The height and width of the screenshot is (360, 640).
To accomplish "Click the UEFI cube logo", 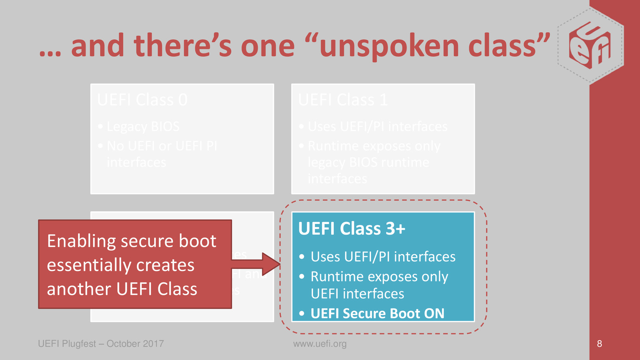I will coord(590,45).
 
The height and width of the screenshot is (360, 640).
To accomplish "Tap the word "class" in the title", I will coord(502,45).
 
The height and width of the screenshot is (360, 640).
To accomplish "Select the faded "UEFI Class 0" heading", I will coord(142,100).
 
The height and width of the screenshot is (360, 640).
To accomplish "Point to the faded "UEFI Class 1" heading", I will coord(343,100).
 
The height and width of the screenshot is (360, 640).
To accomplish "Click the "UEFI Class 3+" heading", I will coord(352,229).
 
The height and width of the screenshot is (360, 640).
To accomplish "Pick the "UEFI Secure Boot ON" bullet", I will coord(377,313).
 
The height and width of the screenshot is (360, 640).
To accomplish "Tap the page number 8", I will coord(599,344).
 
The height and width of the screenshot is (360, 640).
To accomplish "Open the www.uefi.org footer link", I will coord(320,344).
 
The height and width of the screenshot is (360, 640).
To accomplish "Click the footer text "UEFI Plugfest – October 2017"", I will coord(101,344).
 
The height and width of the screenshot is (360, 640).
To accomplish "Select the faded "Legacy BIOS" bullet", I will coord(143,126).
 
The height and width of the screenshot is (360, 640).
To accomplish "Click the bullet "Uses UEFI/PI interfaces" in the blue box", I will coord(383,257).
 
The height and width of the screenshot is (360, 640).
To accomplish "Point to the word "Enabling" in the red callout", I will coord(81,241).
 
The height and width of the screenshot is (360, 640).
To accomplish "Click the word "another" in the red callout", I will coord(79,289).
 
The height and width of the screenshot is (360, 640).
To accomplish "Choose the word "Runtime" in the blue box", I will coord(337,277).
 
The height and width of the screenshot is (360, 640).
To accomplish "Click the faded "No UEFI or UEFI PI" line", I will coord(162,146).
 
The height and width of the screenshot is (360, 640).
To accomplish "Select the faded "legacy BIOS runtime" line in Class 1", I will coord(368,163).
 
